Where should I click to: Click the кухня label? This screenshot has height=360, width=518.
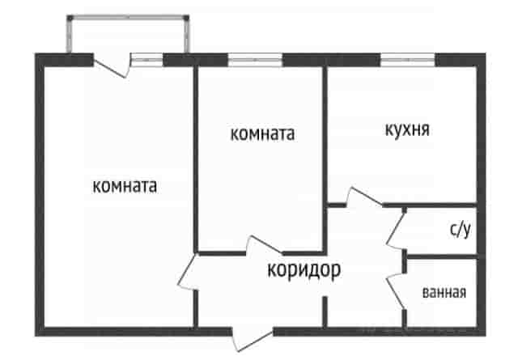click(407, 129)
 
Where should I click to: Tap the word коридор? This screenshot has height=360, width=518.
click(304, 270)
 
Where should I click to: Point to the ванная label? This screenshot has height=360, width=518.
click(444, 292)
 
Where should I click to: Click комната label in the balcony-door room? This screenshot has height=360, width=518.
click(125, 186)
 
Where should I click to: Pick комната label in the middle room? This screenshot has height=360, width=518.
click(262, 134)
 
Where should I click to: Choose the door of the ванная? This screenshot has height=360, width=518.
click(396, 290)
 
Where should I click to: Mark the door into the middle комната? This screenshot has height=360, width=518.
click(265, 245)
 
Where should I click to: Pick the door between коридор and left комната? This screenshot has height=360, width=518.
click(187, 272)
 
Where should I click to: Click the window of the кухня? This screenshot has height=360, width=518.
click(408, 60)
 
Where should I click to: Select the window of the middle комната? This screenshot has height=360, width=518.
click(255, 60)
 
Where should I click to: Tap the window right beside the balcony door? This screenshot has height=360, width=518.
click(147, 60)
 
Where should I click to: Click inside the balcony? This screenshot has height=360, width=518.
click(128, 36)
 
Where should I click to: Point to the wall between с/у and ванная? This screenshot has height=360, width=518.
click(443, 256)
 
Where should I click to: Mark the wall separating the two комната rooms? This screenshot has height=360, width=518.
click(196, 159)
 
